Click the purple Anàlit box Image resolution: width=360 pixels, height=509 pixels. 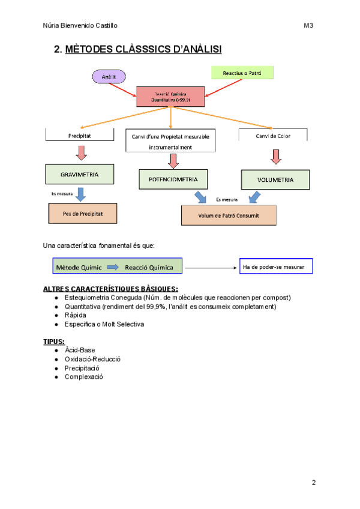109,76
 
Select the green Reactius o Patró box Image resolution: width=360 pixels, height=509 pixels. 242,73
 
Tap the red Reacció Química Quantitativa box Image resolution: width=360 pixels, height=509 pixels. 171,97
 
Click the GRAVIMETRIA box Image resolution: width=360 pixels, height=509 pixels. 79,174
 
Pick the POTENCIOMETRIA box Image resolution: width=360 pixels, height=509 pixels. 173,179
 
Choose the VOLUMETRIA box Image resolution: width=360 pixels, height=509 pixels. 275,179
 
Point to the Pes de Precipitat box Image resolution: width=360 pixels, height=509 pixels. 82,213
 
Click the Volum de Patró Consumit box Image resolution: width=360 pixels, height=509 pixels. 229,215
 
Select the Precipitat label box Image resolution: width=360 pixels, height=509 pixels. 79,136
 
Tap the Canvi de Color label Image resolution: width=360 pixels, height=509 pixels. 273,136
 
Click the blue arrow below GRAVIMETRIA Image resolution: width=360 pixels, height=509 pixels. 82,194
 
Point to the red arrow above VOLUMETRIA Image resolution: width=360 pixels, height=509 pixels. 276,156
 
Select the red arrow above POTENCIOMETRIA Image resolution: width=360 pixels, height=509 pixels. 173,160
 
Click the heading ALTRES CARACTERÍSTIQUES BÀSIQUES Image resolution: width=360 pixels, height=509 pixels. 110,288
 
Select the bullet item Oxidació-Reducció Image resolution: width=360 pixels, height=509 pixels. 92,359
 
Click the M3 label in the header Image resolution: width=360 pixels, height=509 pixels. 308,25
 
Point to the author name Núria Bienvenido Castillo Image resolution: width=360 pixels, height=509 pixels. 80,25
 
